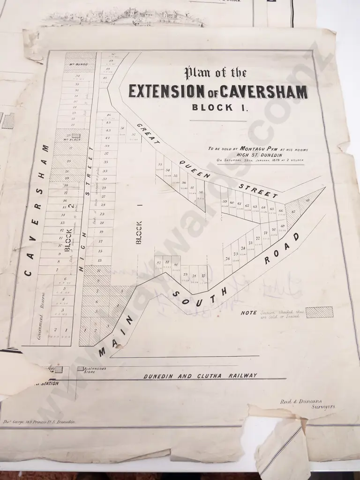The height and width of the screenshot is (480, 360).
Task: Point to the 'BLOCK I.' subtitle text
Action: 213,107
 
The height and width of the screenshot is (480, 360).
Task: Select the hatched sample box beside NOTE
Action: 319,312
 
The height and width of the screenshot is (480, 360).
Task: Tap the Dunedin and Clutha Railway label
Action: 200,375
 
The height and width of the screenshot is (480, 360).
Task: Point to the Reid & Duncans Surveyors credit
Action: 307,404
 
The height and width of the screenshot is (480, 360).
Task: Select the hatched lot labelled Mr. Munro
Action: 80,61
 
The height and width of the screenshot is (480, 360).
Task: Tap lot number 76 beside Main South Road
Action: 227,259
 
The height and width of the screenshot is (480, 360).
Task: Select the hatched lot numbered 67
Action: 294,212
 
